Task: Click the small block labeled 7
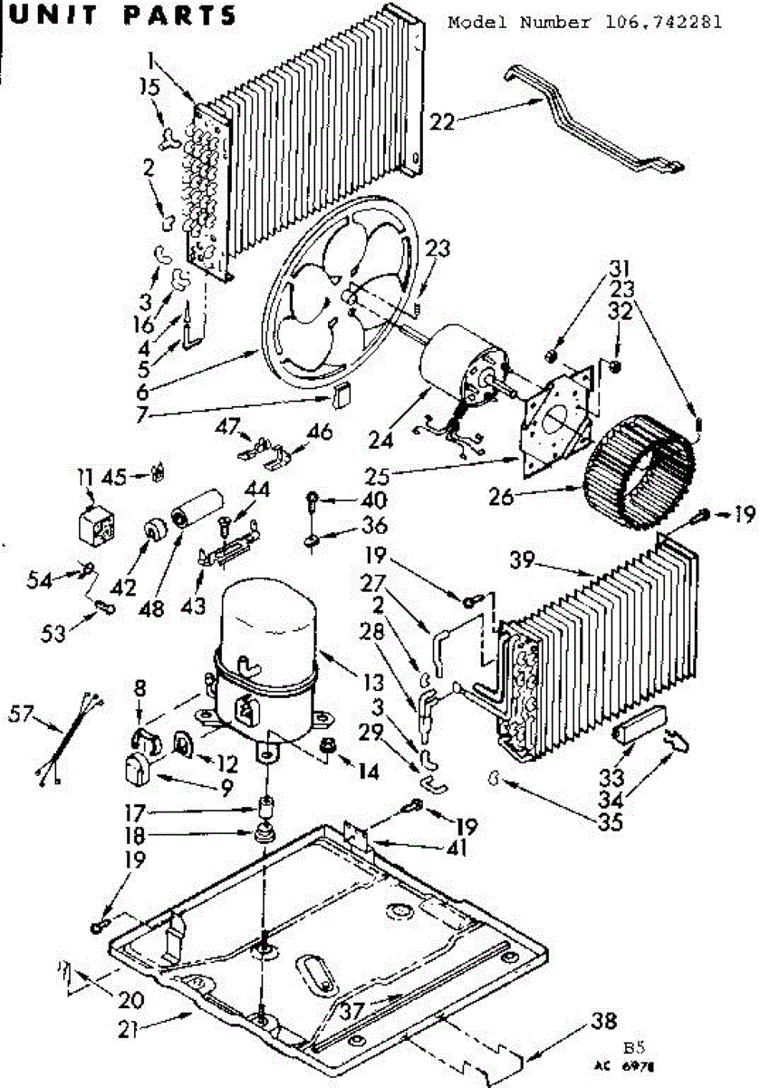(342, 395)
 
